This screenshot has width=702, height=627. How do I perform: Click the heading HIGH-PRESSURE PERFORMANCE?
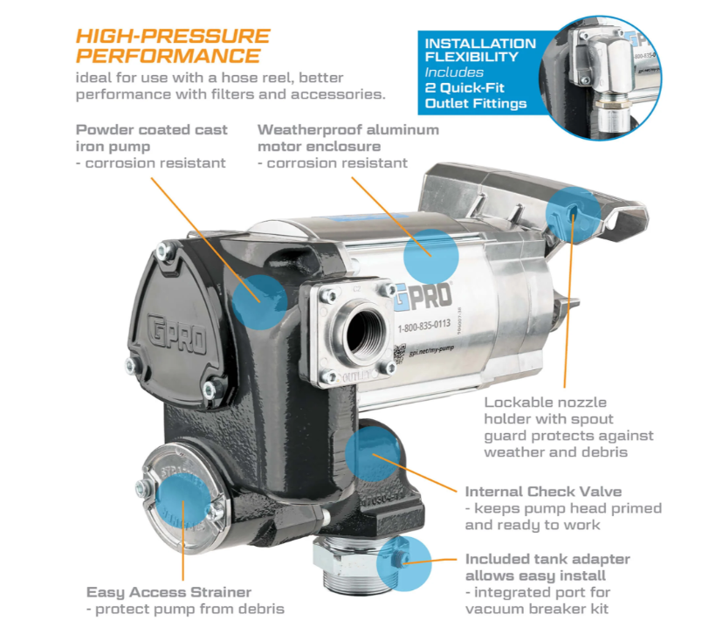coord(172,45)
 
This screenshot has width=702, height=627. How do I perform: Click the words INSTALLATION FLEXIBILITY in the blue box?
coord(479,51)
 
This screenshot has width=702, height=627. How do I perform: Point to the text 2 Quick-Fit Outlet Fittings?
coord(476,96)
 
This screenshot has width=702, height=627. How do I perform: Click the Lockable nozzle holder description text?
coord(568,427)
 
